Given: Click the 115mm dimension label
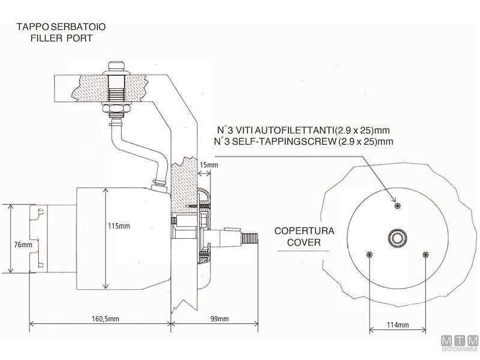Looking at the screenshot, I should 118,226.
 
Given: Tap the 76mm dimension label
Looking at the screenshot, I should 22,245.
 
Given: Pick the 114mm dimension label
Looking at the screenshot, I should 397,325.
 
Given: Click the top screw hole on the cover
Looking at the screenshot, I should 397,206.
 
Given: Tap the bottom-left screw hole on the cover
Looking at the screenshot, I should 369,254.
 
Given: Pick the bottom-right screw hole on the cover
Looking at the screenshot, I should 425,254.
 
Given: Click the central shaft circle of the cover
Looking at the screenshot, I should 397,238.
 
